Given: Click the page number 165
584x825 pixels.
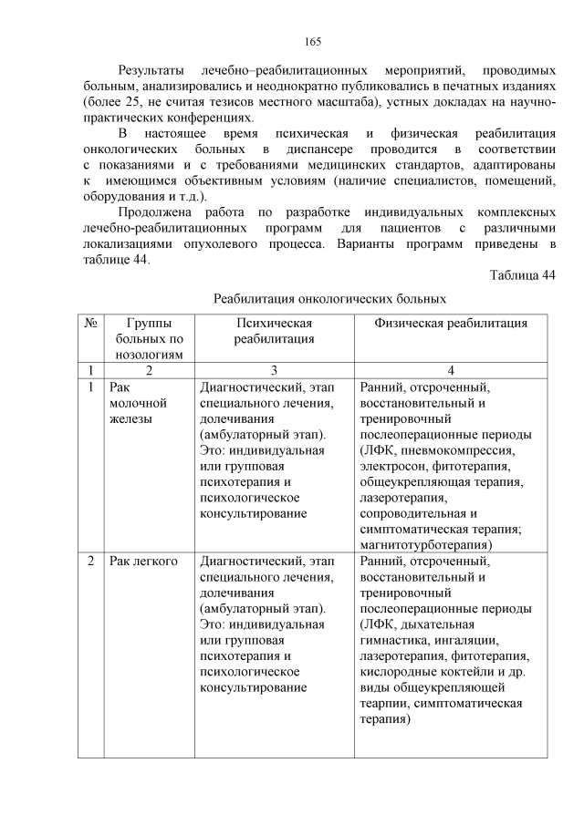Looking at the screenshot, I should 311,42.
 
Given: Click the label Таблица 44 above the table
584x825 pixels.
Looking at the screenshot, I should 522,275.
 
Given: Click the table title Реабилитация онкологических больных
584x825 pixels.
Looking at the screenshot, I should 329,299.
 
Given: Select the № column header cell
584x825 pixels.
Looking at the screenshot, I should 90,323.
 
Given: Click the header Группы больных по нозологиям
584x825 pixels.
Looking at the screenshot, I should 150,338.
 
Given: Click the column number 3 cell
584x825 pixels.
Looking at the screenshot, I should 274,370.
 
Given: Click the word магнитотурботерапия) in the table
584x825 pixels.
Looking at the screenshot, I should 426,544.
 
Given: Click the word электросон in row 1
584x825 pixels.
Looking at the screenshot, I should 393,466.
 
